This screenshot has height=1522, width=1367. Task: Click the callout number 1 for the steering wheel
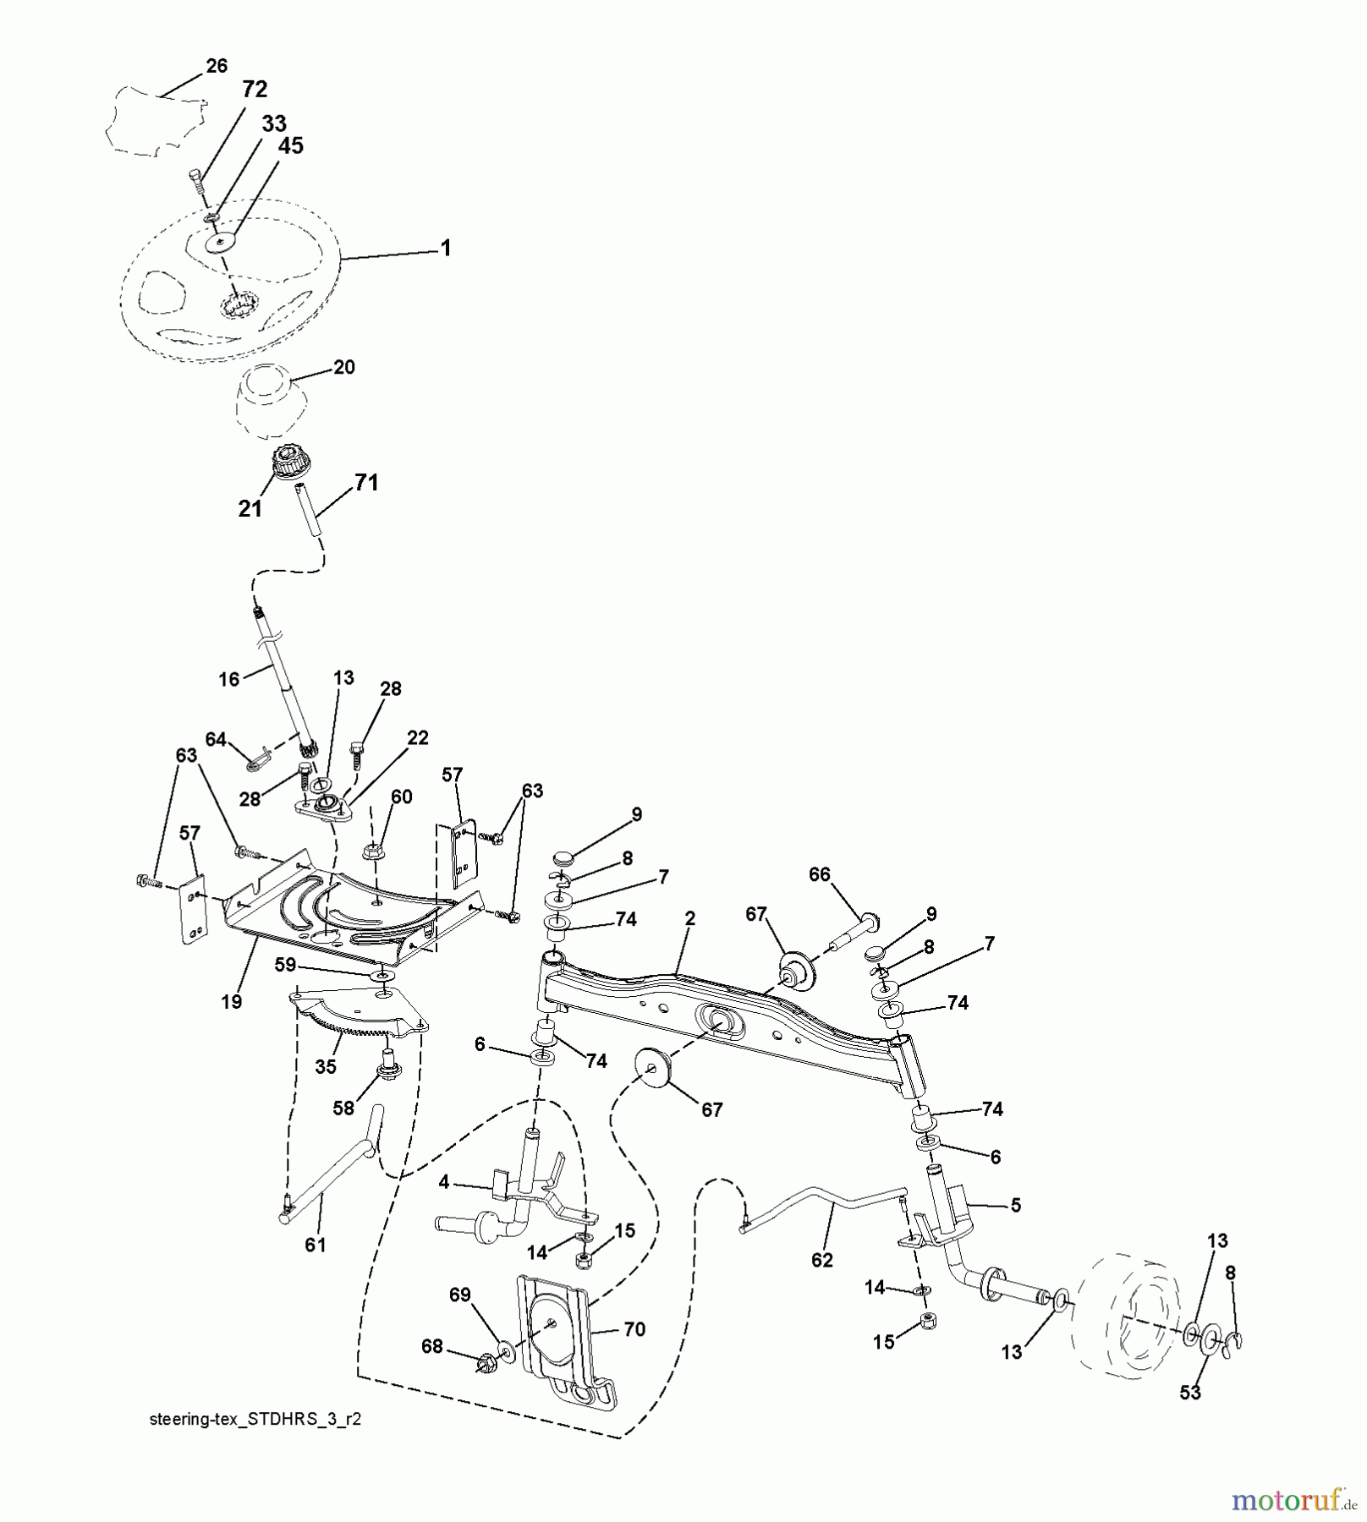coord(446,248)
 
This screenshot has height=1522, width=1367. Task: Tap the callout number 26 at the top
coord(217,66)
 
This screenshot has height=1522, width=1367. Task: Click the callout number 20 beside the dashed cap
coord(343,367)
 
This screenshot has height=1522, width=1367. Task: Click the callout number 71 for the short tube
coord(365,483)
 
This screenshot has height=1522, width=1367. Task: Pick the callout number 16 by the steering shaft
coord(228,679)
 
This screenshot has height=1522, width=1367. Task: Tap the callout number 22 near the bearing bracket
coord(418,737)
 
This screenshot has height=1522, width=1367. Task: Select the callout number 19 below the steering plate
coord(231,1001)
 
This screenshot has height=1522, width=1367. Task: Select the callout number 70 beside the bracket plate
coord(634,1329)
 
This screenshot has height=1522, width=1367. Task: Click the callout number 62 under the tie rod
coord(821,1260)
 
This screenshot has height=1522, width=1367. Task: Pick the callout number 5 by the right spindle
coord(1015,1206)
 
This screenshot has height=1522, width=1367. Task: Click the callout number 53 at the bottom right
coord(1189,1392)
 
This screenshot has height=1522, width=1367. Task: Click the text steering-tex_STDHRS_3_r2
coord(255,1420)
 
